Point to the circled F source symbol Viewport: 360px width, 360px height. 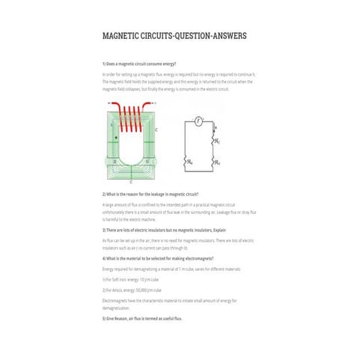click(x=198, y=120)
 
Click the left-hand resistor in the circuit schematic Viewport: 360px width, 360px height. click(x=186, y=160)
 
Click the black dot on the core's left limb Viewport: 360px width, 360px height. click(x=115, y=138)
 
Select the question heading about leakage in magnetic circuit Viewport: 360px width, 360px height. click(x=150, y=194)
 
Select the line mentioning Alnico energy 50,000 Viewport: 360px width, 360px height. click(x=132, y=289)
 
